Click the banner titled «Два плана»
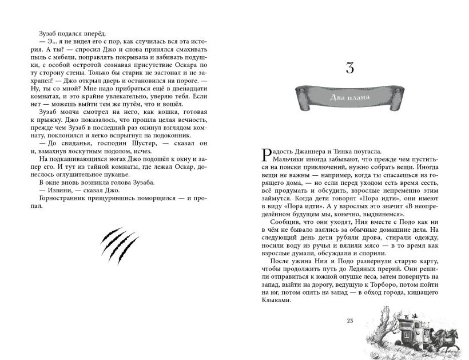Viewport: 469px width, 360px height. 351,97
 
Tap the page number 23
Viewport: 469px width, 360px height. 351,321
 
